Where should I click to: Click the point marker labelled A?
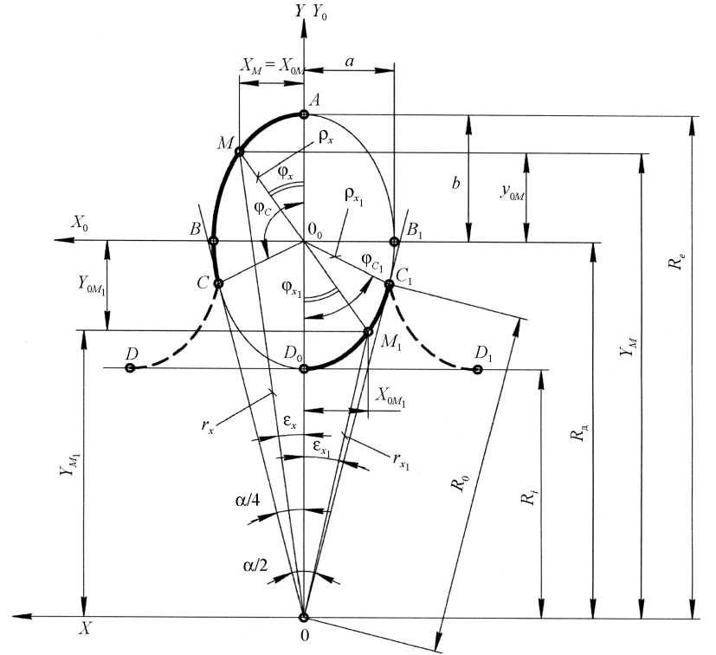coord(303,114)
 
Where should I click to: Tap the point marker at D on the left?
coord(129,368)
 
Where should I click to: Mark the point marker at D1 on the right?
coord(477,370)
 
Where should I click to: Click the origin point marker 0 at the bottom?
coord(303,618)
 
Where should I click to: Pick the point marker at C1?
coord(389,283)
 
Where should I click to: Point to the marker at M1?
coord(368,332)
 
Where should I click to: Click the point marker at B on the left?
coord(213,241)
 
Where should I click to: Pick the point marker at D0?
coord(303,369)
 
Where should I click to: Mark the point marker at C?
coord(218,282)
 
